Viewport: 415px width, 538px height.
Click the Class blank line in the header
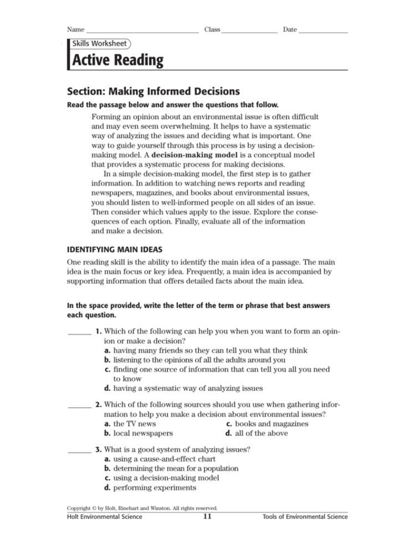[x=249, y=32]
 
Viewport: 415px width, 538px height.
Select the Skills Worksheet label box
[x=99, y=43]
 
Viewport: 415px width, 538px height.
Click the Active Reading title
[x=117, y=60]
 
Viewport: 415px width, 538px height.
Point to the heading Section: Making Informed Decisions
[x=153, y=91]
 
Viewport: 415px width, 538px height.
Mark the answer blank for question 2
[x=79, y=410]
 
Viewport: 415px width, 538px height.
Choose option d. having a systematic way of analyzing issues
[x=183, y=388]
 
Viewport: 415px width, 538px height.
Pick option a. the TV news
[x=130, y=424]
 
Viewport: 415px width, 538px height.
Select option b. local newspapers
[x=139, y=433]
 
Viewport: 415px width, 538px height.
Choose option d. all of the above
[x=257, y=433]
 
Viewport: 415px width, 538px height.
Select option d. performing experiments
[x=150, y=488]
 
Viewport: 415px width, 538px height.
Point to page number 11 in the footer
[x=207, y=517]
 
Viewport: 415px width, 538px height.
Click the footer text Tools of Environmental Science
[x=305, y=517]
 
